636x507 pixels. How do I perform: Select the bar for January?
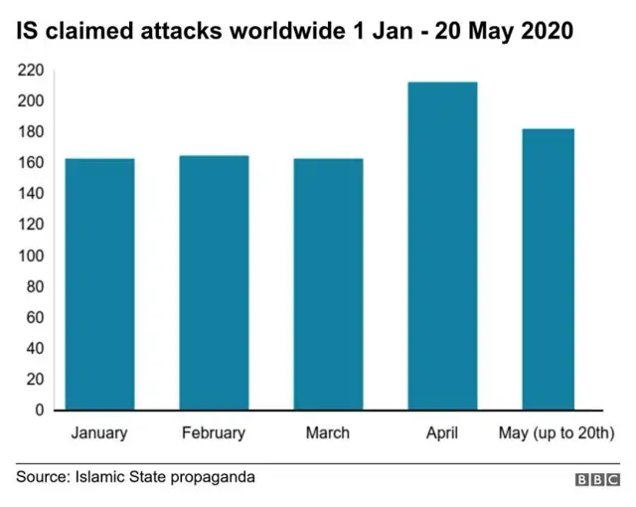coord(99,284)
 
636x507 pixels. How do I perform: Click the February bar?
coord(214,282)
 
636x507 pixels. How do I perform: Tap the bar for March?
coord(328,284)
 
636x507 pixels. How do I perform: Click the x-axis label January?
coord(99,432)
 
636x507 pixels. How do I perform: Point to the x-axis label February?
coord(214,432)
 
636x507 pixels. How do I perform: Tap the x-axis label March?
coord(328,432)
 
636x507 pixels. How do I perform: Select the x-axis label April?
coord(442,432)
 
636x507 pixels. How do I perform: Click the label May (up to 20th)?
coord(556,432)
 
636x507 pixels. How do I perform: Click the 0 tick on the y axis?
coord(40,410)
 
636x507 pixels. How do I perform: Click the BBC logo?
coord(597,479)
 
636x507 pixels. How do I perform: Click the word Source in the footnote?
coord(41,477)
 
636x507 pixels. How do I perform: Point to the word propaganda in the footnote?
coord(213,478)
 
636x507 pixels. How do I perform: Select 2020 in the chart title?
coord(544,31)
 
